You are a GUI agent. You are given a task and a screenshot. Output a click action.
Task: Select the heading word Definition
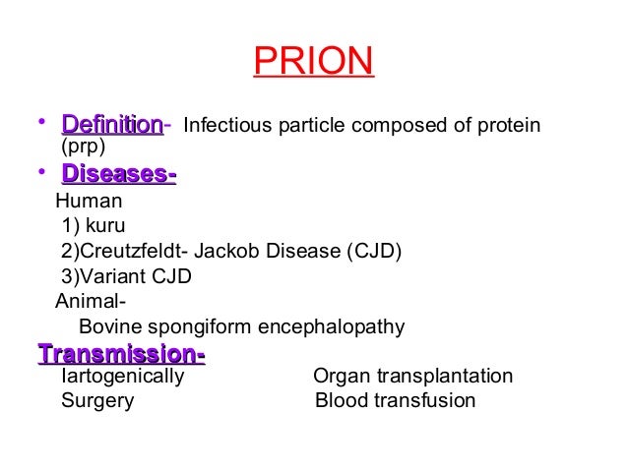[111, 125]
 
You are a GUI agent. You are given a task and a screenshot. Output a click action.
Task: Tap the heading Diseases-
[118, 175]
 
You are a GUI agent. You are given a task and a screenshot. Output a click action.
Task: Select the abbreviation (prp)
[83, 147]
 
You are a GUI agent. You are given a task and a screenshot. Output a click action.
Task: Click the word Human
[89, 202]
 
